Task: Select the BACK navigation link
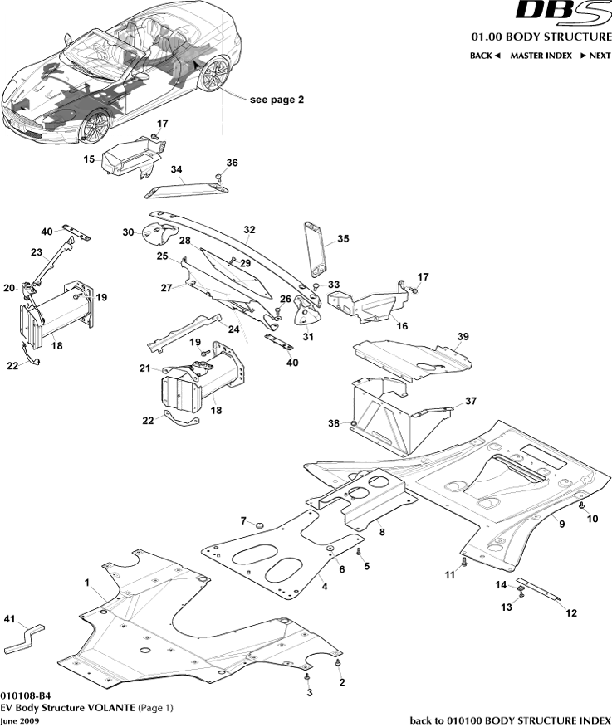pos(485,56)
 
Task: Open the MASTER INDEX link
pos(541,56)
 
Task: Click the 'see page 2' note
pos(277,99)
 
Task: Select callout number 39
pos(463,336)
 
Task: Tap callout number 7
pos(244,520)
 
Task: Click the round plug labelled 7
pos(258,525)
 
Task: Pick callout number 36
pos(233,163)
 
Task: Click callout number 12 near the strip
pos(571,614)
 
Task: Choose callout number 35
pos(343,240)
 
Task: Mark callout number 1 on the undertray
pos(86,583)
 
